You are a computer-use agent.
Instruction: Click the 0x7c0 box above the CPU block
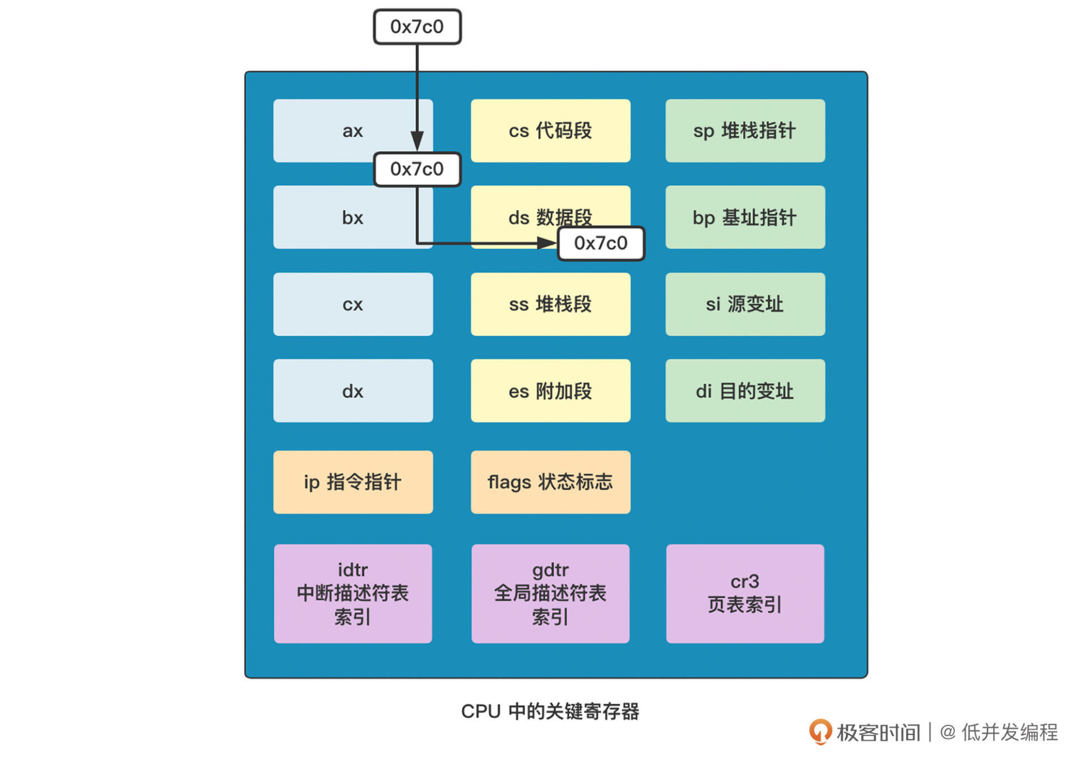pos(417,27)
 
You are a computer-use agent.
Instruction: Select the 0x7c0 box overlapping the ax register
pos(417,169)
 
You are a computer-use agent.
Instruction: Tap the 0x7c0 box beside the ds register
pos(601,243)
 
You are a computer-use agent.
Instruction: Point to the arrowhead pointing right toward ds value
pos(546,243)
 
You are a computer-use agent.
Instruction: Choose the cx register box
pos(353,304)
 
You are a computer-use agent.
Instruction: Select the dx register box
pos(353,391)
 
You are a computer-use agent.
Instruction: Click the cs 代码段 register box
pos(550,131)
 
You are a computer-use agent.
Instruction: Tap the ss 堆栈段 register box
pos(550,304)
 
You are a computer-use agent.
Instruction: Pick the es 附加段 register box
pos(550,391)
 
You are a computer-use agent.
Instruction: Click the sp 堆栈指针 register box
pos(745,131)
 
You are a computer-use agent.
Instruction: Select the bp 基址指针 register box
pos(745,217)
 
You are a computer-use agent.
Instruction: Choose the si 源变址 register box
pos(745,304)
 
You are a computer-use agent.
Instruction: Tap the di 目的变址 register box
pos(745,391)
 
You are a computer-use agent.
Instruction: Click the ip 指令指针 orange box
pos(353,482)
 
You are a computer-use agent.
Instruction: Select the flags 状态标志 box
pos(550,482)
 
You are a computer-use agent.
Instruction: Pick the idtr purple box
pos(353,593)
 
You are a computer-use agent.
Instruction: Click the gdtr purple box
pos(550,593)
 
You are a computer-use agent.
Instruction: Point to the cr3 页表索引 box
pos(745,593)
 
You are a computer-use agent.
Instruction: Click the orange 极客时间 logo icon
pos(820,732)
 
